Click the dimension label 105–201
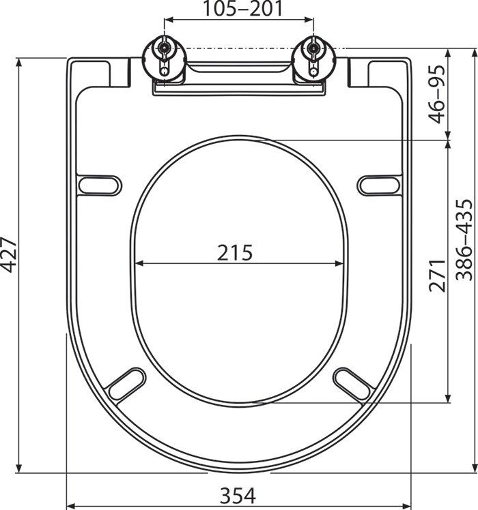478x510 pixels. [240, 10]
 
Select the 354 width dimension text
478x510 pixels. [238, 496]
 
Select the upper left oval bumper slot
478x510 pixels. [100, 185]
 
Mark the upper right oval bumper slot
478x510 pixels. [379, 185]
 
